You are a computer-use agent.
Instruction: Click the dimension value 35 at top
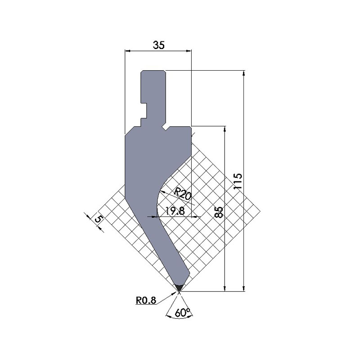[x=158, y=45]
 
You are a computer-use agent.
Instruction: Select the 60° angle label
[x=180, y=312]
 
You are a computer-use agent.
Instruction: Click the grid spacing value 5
[x=98, y=220]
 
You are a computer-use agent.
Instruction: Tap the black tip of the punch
[x=180, y=287]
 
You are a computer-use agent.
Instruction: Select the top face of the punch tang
[x=153, y=70]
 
